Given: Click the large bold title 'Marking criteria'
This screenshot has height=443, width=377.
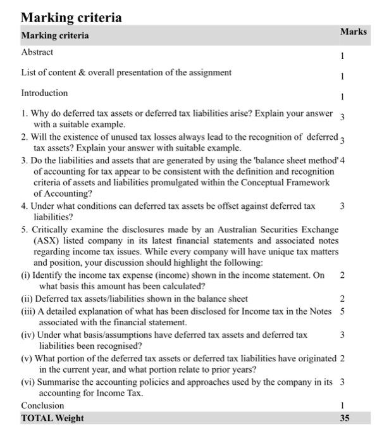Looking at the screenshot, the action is (x=71, y=17).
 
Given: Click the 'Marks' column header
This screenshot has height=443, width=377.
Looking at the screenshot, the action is (x=353, y=32).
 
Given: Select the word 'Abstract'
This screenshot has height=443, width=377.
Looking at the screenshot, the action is (x=37, y=52).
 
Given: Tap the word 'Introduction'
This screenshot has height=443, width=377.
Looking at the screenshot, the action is (x=44, y=93).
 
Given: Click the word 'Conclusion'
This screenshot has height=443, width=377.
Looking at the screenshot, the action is (x=43, y=405).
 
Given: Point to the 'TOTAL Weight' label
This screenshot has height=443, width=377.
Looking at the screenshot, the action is (x=53, y=418).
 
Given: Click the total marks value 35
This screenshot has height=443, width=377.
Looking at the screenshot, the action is (x=345, y=418).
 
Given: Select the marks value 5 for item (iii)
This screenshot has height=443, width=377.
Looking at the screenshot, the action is (x=342, y=311).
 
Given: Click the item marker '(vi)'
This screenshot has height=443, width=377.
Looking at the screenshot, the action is (x=28, y=382).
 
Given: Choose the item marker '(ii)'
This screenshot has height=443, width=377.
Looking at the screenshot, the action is (x=27, y=299).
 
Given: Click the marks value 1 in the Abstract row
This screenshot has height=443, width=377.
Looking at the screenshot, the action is (x=342, y=56).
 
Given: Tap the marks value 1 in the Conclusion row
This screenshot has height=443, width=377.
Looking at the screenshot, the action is (x=342, y=406).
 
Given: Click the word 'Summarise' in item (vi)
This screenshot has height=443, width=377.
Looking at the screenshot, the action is (x=60, y=382).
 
